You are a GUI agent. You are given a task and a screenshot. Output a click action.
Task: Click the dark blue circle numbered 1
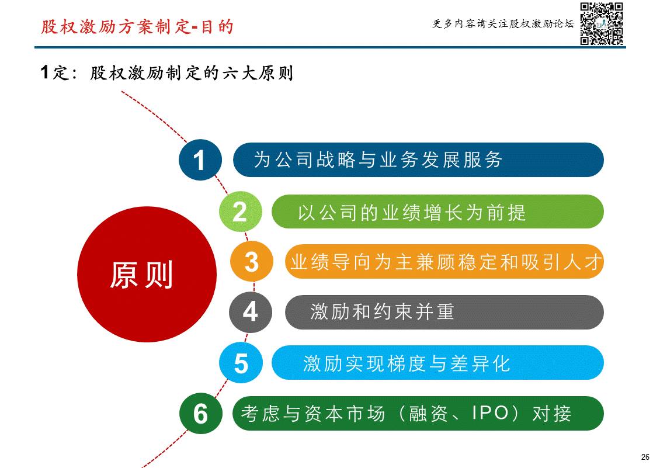pyautogui.click(x=200, y=160)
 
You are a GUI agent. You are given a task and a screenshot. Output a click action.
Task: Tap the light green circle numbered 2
pyautogui.click(x=239, y=211)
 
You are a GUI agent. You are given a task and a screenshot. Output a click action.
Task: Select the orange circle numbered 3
pyautogui.click(x=251, y=262)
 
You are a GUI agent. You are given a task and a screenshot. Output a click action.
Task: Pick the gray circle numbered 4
pyautogui.click(x=250, y=312)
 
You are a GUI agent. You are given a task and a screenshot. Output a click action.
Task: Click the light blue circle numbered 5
pyautogui.click(x=241, y=363)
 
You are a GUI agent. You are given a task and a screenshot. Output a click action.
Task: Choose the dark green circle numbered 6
pyautogui.click(x=200, y=414)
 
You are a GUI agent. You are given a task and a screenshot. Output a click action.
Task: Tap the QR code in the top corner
pyautogui.click(x=602, y=24)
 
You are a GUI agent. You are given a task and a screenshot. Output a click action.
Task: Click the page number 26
pyautogui.click(x=645, y=457)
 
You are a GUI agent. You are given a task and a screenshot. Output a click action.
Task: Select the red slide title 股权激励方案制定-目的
pyautogui.click(x=137, y=27)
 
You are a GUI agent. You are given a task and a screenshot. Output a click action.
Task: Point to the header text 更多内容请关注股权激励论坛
pyautogui.click(x=503, y=24)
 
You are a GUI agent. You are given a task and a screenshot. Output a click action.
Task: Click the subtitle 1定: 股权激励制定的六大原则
pyautogui.click(x=166, y=73)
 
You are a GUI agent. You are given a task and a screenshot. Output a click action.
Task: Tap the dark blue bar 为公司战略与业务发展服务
pyautogui.click(x=418, y=160)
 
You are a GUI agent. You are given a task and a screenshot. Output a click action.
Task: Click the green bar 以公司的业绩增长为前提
pyautogui.click(x=437, y=212)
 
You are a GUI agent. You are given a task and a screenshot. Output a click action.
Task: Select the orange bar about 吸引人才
pyautogui.click(x=444, y=262)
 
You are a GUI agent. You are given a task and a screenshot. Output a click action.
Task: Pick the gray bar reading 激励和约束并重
pyautogui.click(x=444, y=312)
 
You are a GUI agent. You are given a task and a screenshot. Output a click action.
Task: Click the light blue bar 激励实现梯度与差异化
pyautogui.click(x=437, y=363)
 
